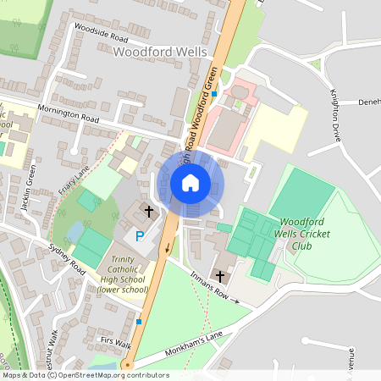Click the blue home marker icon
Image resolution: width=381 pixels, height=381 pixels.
(190, 183)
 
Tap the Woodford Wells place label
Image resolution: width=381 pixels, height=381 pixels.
(159, 52)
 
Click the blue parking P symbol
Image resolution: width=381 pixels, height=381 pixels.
(140, 236)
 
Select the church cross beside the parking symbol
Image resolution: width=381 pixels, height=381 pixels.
(149, 211)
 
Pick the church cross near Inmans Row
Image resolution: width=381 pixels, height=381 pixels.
(220, 276)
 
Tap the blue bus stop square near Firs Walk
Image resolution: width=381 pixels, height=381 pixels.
(138, 321)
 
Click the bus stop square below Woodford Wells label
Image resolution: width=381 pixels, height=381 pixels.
(214, 94)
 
